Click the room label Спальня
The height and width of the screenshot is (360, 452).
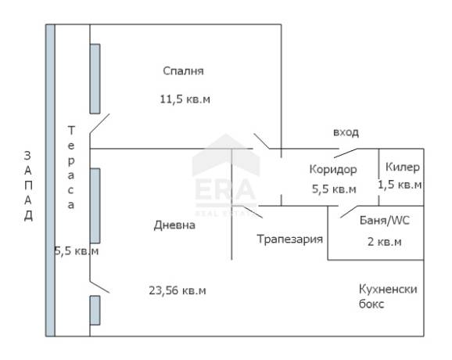[183, 71]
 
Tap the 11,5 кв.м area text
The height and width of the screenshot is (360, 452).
[185, 99]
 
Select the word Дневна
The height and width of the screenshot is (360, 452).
[174, 225]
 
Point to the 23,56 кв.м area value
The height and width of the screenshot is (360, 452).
[178, 290]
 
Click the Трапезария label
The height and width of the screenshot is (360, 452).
[289, 239]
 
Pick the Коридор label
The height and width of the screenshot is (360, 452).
[333, 169]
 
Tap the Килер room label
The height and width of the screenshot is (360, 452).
[403, 167]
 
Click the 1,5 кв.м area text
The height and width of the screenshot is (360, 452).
[400, 185]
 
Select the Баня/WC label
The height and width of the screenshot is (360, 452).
[385, 221]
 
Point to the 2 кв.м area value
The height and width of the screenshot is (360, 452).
[384, 242]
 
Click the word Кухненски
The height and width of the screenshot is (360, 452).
[388, 289]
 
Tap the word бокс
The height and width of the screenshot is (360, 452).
[371, 304]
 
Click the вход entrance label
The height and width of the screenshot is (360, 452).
[346, 132]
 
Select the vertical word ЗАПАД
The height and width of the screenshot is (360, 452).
[28, 185]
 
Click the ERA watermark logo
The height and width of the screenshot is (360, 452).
[226, 175]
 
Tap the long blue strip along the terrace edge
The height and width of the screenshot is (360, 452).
[50, 180]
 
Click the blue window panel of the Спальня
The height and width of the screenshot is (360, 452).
[95, 79]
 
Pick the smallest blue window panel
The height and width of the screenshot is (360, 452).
[95, 311]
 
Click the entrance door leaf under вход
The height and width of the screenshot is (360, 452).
[346, 153]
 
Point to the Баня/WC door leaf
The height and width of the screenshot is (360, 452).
[349, 212]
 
